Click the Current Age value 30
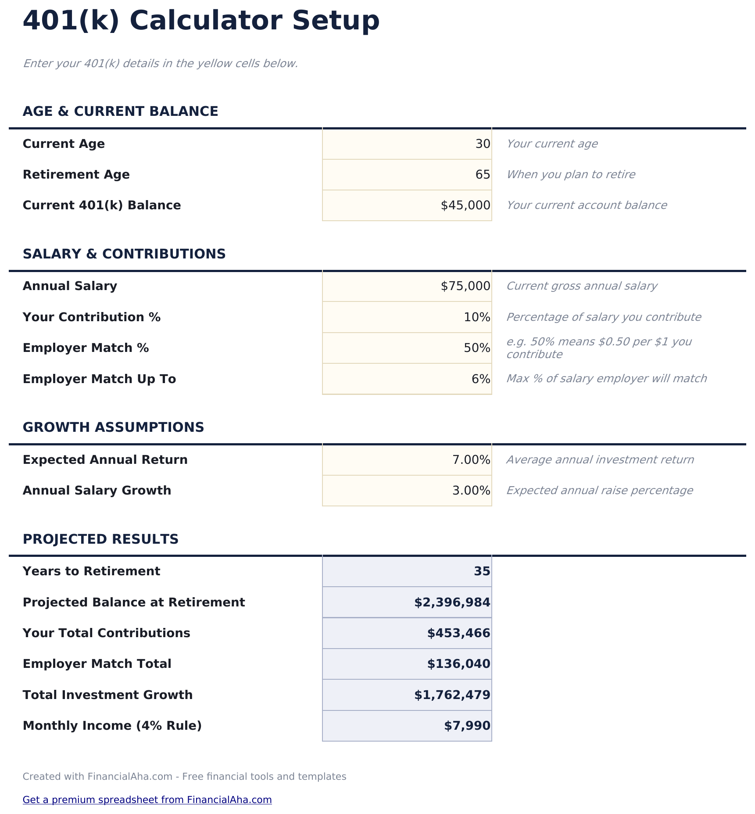tap(483, 144)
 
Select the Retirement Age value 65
tap(483, 175)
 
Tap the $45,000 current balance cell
tap(465, 205)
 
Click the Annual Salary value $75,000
tap(465, 286)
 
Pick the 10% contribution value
tap(477, 317)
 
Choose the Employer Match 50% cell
tap(477, 348)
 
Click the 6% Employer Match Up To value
tap(481, 379)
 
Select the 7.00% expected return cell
tap(471, 460)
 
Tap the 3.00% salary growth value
tap(471, 491)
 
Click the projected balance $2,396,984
tap(452, 602)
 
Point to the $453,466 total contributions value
tap(458, 633)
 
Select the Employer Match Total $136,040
tap(458, 664)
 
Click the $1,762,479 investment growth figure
tap(452, 695)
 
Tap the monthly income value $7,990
tap(467, 726)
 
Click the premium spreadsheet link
tap(147, 800)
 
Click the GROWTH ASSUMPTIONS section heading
tap(113, 427)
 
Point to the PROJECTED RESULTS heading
tap(100, 539)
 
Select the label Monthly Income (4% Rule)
tap(112, 726)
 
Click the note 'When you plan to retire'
tap(570, 175)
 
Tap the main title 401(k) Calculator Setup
tap(201, 21)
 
